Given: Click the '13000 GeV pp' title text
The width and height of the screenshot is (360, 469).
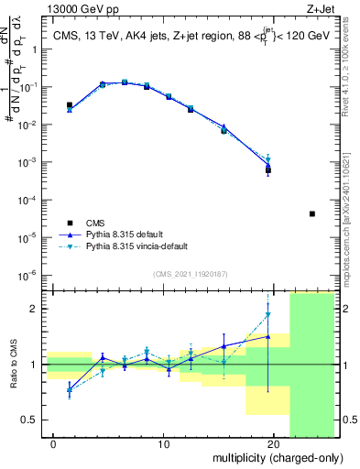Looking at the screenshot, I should coord(55,8).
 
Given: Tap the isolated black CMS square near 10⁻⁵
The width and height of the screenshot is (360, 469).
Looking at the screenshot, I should coord(312,214).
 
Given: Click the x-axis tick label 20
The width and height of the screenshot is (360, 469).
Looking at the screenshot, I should coord(273,444).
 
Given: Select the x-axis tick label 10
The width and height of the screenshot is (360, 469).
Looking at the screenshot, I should coord(163,444).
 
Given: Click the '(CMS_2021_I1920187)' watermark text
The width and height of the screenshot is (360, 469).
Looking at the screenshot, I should coord(191,273).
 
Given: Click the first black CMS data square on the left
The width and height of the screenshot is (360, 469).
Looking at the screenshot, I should coord(70,105).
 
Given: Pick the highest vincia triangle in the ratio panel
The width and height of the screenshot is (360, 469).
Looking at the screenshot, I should coord(268,315).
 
